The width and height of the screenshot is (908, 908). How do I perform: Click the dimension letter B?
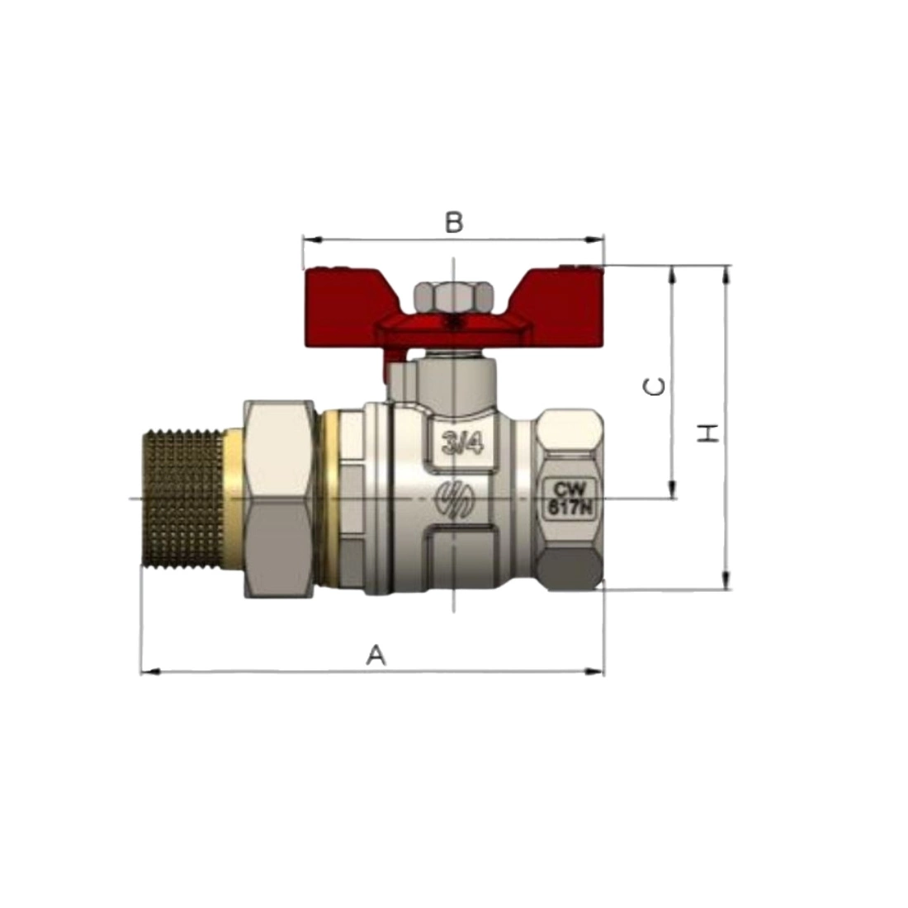click(454, 222)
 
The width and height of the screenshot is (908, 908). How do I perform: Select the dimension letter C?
click(655, 387)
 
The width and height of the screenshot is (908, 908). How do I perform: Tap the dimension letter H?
click(707, 433)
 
